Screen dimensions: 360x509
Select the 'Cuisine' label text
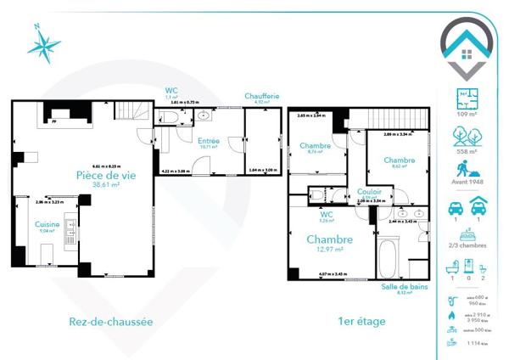(x=47, y=224)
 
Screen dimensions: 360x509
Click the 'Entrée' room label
(x=208, y=141)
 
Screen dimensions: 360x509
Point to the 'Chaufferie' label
(x=261, y=96)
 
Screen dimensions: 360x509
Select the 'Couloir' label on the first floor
(x=369, y=192)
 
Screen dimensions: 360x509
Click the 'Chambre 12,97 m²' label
(x=329, y=244)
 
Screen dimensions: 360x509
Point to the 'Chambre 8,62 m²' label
(x=399, y=162)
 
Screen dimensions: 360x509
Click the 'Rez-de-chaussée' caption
(x=110, y=322)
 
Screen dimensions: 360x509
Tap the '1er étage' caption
(x=361, y=322)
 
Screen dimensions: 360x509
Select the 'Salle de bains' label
(x=403, y=287)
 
